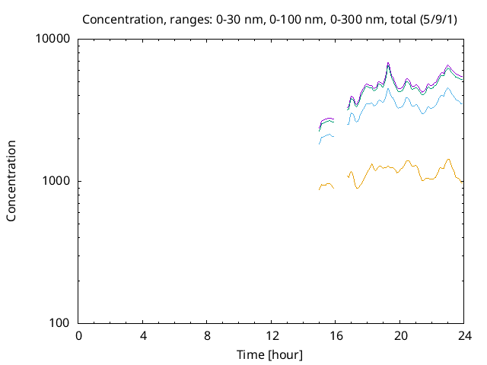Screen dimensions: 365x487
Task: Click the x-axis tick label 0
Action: pos(78,337)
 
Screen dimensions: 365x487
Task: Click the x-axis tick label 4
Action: pos(143,337)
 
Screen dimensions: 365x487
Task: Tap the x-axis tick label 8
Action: pos(207,337)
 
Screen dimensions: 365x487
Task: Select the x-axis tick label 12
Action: pos(272,337)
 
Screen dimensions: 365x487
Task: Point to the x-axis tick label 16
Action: pos(336,337)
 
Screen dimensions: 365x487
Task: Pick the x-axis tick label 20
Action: pos(400,337)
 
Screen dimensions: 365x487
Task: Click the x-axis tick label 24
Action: pos(464,337)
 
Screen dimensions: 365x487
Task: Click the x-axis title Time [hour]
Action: pos(271,354)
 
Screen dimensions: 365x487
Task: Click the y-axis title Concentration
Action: pos(11,181)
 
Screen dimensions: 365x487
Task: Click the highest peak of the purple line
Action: pos(388,63)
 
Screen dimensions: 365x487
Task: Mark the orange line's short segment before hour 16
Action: pos(326,185)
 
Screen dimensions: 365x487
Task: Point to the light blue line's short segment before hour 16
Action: pos(326,137)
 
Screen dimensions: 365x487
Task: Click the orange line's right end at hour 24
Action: pos(463,181)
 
